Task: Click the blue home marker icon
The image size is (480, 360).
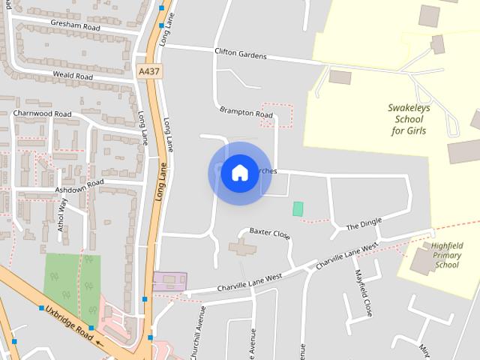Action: point(239,173)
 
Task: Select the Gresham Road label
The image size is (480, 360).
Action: point(74,25)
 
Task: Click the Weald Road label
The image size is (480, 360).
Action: point(73,76)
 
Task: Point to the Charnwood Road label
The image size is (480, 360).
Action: point(42,114)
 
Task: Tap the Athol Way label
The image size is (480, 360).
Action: point(63,214)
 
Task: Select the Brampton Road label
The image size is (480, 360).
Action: point(246,112)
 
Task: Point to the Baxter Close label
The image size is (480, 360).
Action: point(269,232)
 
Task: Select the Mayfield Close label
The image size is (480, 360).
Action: point(364,292)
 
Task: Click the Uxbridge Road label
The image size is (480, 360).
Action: point(70,322)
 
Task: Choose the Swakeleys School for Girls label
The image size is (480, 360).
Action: point(409,119)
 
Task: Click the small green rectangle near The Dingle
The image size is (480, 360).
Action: point(298,208)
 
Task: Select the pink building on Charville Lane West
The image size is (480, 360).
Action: point(169,281)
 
